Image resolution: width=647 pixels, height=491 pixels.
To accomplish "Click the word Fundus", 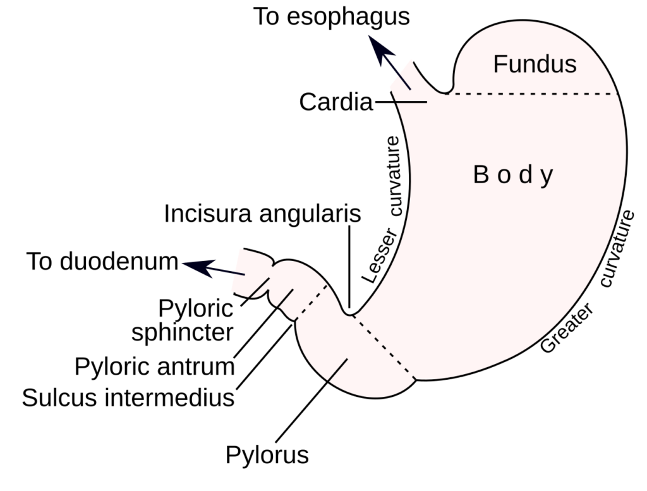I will [x=535, y=64].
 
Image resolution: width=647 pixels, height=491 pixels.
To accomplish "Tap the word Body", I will [x=513, y=175].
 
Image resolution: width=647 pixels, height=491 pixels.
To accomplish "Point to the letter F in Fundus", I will [x=499, y=64].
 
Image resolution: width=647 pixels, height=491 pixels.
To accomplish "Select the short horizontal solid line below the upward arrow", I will [x=411, y=102].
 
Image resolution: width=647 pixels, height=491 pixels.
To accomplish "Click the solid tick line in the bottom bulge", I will [x=337, y=370].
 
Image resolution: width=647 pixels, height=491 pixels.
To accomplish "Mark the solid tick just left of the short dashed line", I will [x=285, y=300].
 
